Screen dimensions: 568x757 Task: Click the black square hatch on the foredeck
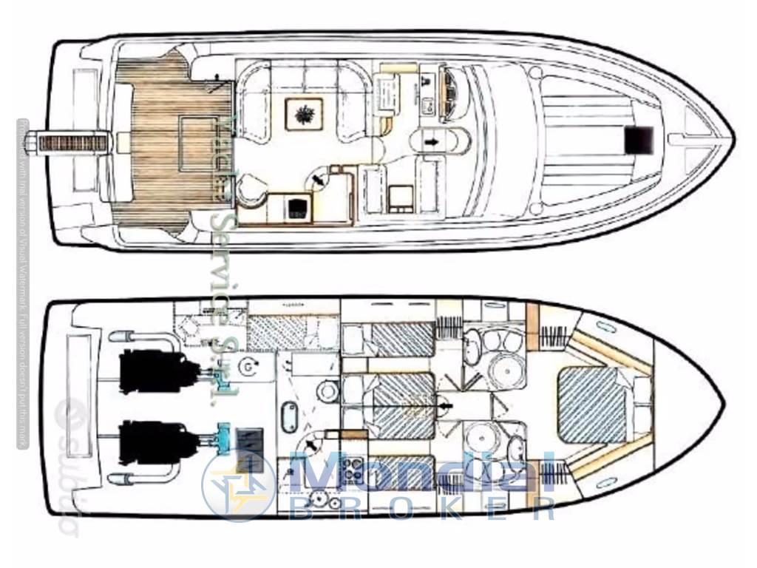pos(638,139)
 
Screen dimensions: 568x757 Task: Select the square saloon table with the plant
pos(304,114)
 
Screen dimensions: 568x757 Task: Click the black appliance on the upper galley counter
pos(297,206)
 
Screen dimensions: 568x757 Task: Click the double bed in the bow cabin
pos(594,405)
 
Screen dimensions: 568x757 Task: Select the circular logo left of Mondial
pos(238,485)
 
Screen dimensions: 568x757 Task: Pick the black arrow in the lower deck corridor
pos(444,405)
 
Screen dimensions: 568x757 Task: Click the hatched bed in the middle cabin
pos(404,405)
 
